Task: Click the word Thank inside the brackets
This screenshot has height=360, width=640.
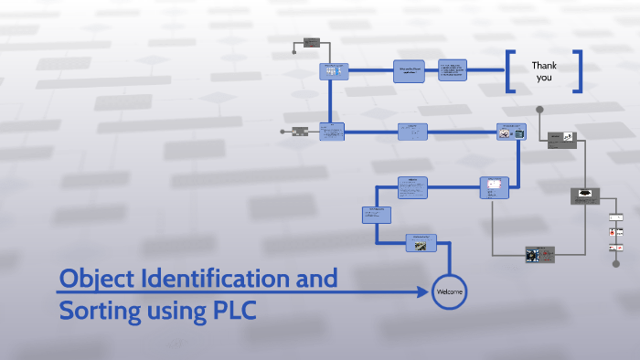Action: (x=544, y=65)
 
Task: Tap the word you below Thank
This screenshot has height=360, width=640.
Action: (x=544, y=78)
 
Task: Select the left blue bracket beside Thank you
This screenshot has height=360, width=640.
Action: (x=509, y=71)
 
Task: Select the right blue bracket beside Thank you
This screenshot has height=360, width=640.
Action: (x=578, y=71)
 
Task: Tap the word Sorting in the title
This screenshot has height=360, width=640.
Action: (x=100, y=311)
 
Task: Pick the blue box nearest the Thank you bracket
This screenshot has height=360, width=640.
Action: (x=453, y=70)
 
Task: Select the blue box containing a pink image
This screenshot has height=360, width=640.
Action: (x=511, y=132)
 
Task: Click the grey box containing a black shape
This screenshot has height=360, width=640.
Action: (x=585, y=196)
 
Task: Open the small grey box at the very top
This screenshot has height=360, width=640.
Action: (x=311, y=41)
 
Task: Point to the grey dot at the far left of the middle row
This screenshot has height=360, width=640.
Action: (x=283, y=132)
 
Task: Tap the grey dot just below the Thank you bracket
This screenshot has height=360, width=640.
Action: (x=539, y=110)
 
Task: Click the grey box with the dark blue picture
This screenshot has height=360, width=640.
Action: (x=539, y=254)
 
